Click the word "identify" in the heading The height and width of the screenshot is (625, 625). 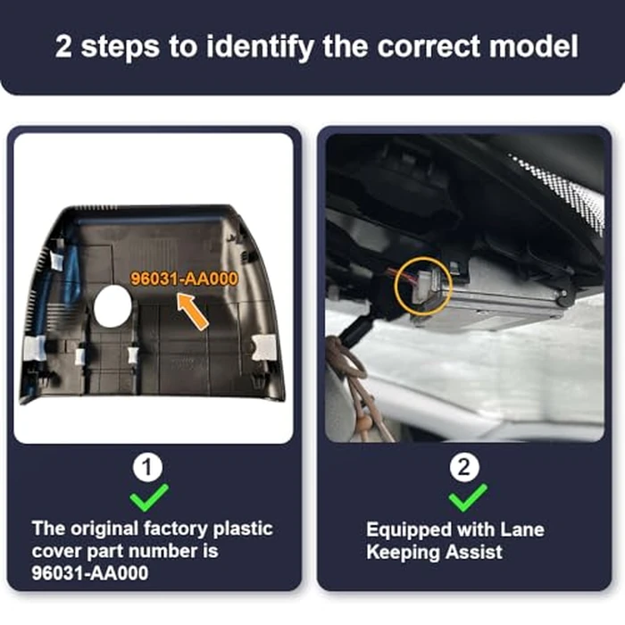pyautogui.click(x=260, y=47)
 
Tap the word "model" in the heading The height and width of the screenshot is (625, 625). pyautogui.click(x=533, y=46)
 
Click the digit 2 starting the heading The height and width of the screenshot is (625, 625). pyautogui.click(x=63, y=46)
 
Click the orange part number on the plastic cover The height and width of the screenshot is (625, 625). pyautogui.click(x=184, y=279)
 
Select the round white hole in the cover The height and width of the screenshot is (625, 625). pyautogui.click(x=112, y=306)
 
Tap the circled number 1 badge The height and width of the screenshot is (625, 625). pyautogui.click(x=148, y=467)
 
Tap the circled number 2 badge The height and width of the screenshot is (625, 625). pyautogui.click(x=464, y=467)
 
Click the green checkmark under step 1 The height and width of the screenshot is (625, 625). pyautogui.click(x=148, y=498)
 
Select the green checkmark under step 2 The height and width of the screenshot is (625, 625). pyautogui.click(x=467, y=498)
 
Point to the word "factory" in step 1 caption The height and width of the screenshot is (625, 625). pyautogui.click(x=176, y=529)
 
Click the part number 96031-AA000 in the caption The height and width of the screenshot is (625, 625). pyautogui.click(x=89, y=573)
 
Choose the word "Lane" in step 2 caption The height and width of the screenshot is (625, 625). pyautogui.click(x=522, y=529)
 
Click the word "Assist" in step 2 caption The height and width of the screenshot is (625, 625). pyautogui.click(x=474, y=553)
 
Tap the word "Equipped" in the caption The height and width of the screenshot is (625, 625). pyautogui.click(x=409, y=531)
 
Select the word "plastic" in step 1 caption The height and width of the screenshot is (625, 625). pyautogui.click(x=243, y=529)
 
